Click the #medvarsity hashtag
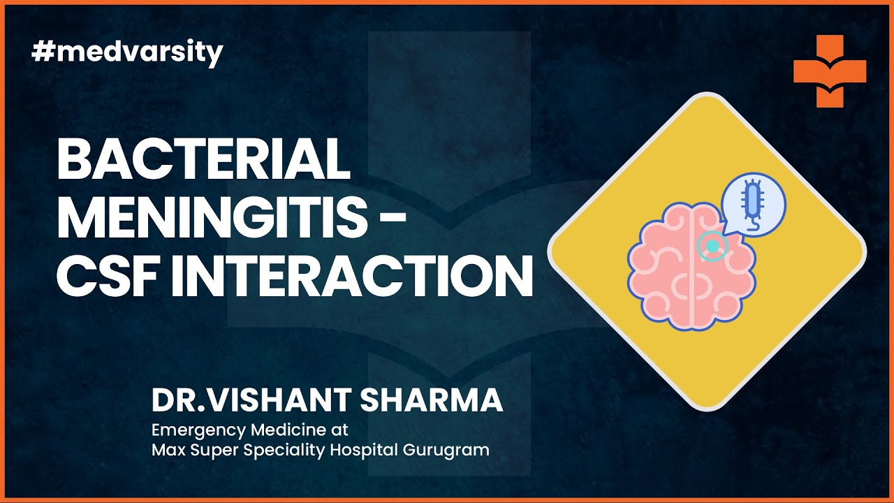[127, 52]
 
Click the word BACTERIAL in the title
[203, 160]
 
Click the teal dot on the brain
[712, 247]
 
